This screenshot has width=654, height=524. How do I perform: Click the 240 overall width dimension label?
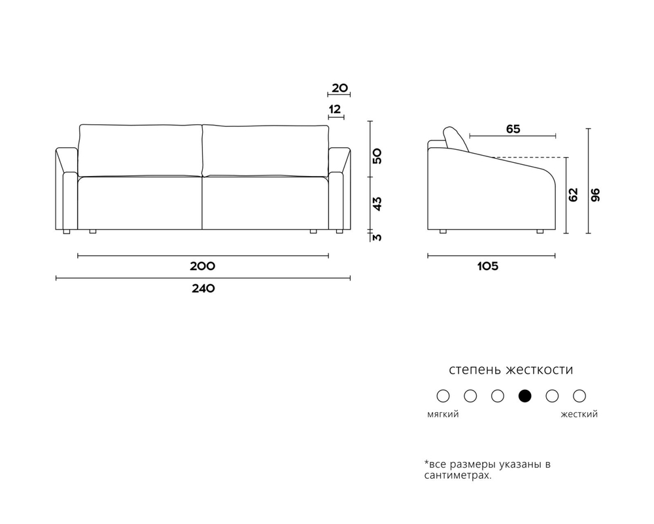pyautogui.click(x=203, y=288)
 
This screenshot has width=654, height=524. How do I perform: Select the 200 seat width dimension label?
pyautogui.click(x=203, y=266)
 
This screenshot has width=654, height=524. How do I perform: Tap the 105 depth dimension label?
pyautogui.click(x=488, y=266)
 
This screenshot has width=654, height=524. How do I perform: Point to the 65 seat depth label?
pyautogui.click(x=513, y=129)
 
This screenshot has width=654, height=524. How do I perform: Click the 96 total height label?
pyautogui.click(x=596, y=195)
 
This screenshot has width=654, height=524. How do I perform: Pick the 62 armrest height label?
pyautogui.click(x=574, y=195)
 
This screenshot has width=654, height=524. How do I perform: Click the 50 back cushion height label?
pyautogui.click(x=377, y=156)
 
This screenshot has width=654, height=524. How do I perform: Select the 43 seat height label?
pyautogui.click(x=377, y=203)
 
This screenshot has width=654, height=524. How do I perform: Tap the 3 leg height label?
pyautogui.click(x=377, y=237)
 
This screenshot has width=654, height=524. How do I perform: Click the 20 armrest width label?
pyautogui.click(x=339, y=88)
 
